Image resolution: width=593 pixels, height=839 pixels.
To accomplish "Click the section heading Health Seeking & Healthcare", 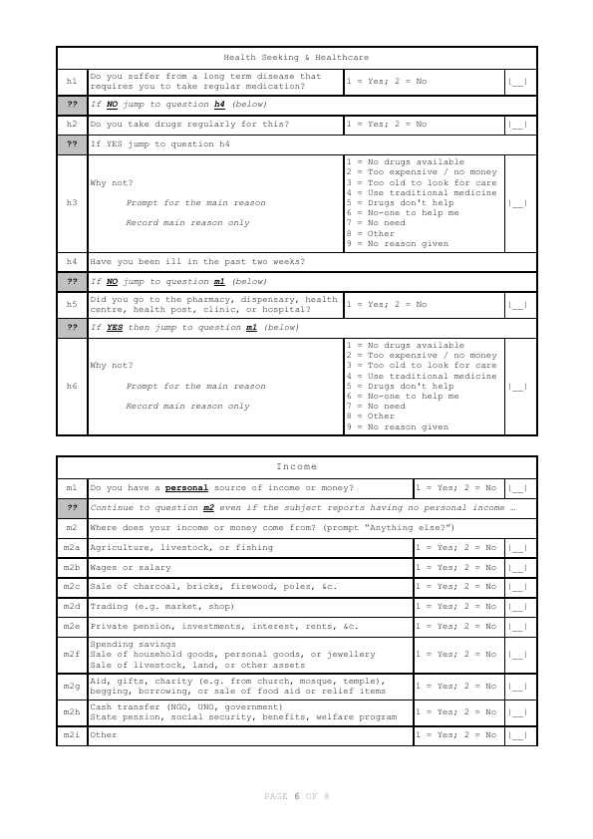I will click(296, 57).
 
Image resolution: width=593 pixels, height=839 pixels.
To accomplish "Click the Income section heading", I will click(296, 466).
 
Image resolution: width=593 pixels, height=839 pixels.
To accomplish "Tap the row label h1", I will click(72, 81).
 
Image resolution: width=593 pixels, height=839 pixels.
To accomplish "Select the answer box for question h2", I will click(517, 125).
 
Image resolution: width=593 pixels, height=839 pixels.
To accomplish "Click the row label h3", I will click(72, 203).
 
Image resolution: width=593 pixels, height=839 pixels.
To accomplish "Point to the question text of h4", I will click(197, 262).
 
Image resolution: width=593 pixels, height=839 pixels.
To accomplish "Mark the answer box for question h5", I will click(517, 305).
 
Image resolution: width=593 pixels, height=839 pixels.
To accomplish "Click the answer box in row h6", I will click(517, 387).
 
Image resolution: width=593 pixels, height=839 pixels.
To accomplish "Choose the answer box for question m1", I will click(517, 488).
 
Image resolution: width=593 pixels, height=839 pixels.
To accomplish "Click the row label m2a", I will click(72, 547).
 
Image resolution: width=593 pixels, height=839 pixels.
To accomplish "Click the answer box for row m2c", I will click(517, 587).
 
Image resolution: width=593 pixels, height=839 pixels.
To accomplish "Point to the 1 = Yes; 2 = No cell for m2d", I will click(455, 606).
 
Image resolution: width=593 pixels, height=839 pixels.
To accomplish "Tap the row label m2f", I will click(72, 655).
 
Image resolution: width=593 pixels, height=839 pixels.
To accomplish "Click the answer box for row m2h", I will click(517, 712).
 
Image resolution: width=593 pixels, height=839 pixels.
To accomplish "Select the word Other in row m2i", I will click(104, 735).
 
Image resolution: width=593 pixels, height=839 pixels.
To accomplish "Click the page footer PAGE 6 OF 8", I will click(296, 796).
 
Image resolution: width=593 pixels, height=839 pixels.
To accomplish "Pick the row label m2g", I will click(72, 687).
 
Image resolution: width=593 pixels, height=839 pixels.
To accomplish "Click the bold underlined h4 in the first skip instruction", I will click(220, 104).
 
